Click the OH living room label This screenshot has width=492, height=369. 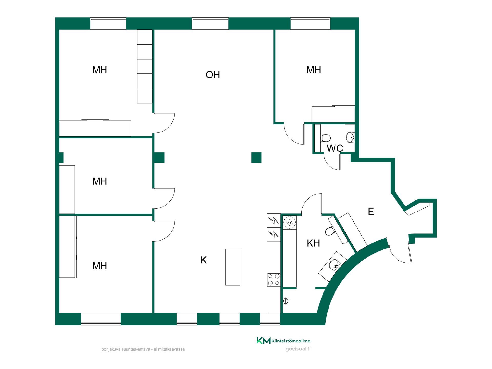tap(213, 75)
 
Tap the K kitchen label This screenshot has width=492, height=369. tap(203, 260)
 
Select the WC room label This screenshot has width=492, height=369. tap(335, 148)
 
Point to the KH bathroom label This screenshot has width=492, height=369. tap(313, 243)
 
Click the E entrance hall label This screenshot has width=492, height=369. tap(371, 211)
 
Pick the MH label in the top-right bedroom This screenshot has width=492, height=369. tap(314, 70)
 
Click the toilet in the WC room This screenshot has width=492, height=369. tap(325, 138)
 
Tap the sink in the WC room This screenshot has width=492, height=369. tap(350, 137)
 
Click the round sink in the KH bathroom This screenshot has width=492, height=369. tap(334, 264)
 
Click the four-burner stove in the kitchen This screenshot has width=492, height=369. tap(273, 280)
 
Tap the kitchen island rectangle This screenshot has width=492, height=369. tap(233, 267)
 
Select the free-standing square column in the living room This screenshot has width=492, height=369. tap(256, 158)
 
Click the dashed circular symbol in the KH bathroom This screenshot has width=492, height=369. tap(290, 222)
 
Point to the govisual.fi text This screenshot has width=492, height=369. tap(298, 349)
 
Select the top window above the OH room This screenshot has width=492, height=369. tap(210, 24)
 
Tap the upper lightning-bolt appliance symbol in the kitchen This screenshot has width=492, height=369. tap(273, 220)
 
